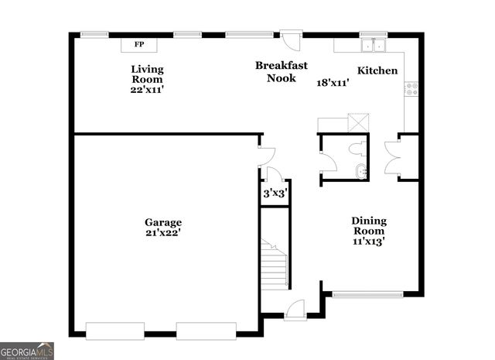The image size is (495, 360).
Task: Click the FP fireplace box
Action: click(139, 45)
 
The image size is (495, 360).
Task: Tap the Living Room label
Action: click(146, 74)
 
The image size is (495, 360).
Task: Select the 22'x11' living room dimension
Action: click(146, 90)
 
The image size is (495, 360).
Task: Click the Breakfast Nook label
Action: click(276, 71)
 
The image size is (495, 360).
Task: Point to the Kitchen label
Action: click(377, 71)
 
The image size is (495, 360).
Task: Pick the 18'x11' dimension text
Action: click(333, 82)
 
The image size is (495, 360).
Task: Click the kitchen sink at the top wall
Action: click(373, 45)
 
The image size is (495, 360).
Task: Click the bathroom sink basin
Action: click(360, 171)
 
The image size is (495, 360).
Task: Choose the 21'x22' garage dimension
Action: click(162, 232)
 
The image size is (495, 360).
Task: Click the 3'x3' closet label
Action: click(275, 194)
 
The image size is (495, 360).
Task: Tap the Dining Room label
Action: click(369, 225)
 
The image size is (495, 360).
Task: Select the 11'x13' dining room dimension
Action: click(369, 242)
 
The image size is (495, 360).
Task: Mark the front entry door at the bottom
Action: click(295, 310)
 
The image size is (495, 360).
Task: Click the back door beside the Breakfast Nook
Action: click(291, 39)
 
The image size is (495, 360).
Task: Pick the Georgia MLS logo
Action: click(27, 351)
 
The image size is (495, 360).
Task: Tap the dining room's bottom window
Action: click(367, 293)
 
